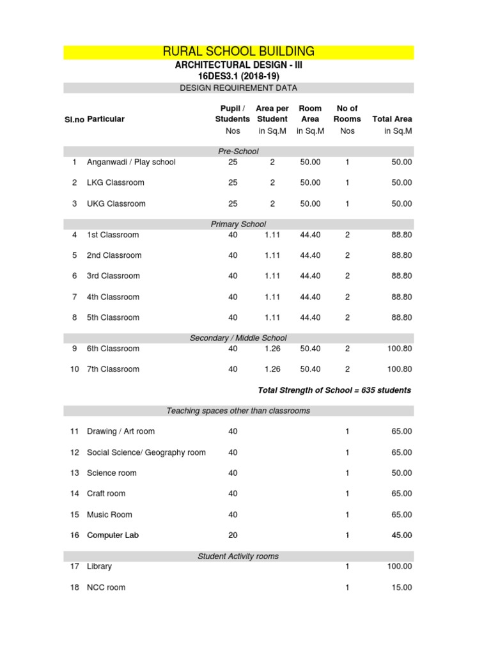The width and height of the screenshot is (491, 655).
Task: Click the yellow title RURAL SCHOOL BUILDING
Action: click(238, 52)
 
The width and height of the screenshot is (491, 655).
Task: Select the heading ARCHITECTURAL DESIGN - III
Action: click(238, 65)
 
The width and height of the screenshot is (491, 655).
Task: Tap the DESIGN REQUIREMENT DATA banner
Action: click(238, 88)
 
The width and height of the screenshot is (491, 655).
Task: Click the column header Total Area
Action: click(392, 119)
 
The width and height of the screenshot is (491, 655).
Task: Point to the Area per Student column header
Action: click(272, 114)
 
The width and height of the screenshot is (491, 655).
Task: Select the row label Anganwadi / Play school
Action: click(131, 162)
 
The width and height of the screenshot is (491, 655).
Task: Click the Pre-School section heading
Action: click(238, 152)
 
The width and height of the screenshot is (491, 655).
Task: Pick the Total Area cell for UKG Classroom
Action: click(401, 204)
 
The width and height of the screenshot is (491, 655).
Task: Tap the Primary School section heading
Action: click(238, 225)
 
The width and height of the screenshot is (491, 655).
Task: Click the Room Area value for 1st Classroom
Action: click(310, 235)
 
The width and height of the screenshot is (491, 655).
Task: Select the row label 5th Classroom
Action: click(113, 318)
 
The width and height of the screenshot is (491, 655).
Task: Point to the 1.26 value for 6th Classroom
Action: click(272, 349)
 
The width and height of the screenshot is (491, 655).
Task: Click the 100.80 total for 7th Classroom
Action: click(399, 370)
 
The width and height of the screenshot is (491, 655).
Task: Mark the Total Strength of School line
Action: click(334, 390)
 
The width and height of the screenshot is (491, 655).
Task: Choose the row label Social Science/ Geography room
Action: click(146, 453)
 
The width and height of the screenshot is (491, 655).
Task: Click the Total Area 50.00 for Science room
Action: click(401, 473)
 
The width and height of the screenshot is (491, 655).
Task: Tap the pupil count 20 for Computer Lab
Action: click(233, 535)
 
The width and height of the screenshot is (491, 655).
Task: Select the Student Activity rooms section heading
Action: click(238, 556)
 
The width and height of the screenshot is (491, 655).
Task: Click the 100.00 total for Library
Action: click(399, 567)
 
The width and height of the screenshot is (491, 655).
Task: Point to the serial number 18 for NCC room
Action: click(74, 588)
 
